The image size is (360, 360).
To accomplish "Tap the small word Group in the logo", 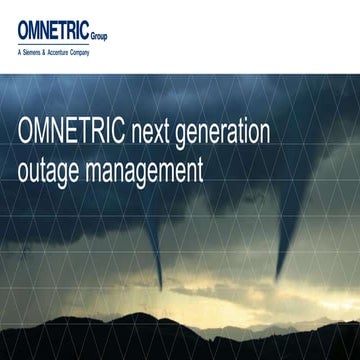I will (98, 34).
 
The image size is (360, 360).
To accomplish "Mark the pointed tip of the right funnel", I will (279, 282).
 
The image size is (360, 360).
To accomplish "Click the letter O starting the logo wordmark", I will (25, 29).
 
